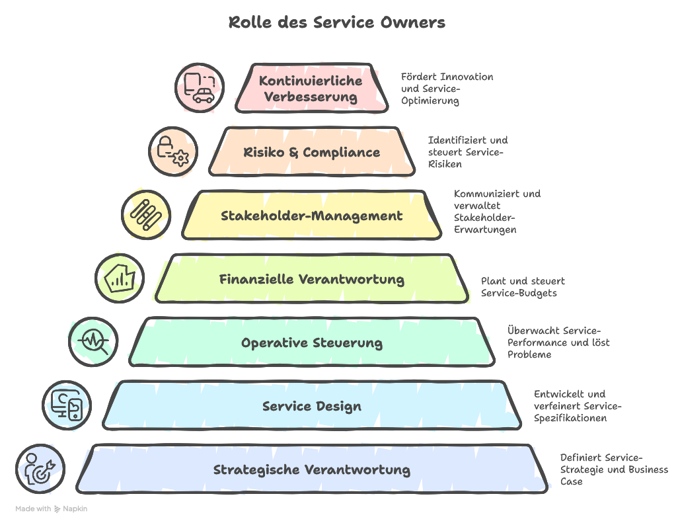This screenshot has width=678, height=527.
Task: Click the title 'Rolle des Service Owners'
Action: tap(337, 22)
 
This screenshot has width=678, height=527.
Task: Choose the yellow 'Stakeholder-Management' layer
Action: tap(311, 216)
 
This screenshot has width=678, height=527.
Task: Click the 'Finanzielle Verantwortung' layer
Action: tap(311, 279)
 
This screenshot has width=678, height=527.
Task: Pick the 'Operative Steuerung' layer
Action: tap(311, 343)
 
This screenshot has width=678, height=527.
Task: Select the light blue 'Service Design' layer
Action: tap(311, 406)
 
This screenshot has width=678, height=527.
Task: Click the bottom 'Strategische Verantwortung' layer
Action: tap(311, 469)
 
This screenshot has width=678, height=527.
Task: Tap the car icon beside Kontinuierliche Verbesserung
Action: tap(200, 88)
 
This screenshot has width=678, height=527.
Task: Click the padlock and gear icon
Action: tap(173, 151)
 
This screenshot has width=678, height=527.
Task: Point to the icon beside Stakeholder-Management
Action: tap(146, 215)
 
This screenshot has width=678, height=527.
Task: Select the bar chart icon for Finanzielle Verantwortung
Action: tap(120, 278)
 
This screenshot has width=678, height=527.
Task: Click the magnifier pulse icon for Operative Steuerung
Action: tap(93, 342)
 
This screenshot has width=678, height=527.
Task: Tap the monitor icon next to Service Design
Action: tap(67, 405)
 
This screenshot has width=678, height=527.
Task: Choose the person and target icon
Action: tap(40, 469)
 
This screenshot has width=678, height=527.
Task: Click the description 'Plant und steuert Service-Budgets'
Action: tap(523, 287)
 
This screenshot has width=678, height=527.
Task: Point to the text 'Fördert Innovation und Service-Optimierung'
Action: tap(447, 89)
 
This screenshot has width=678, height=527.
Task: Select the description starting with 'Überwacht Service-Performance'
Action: tap(558, 342)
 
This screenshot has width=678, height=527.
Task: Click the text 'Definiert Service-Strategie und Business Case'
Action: tap(614, 469)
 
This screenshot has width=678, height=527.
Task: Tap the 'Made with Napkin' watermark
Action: tap(51, 508)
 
